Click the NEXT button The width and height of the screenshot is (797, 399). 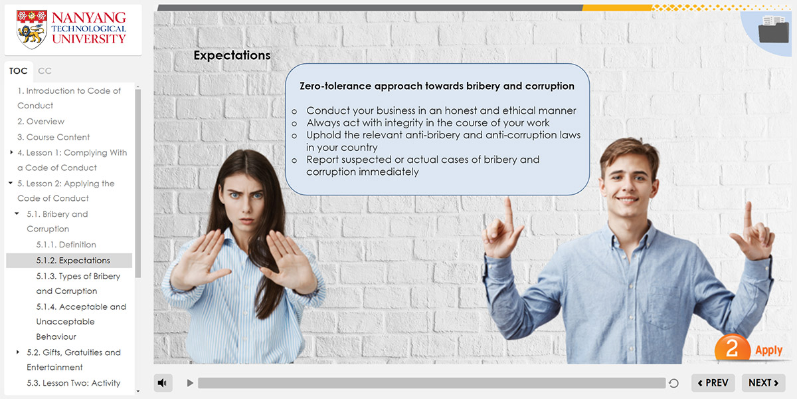(x=763, y=383)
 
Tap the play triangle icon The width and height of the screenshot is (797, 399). (x=190, y=383)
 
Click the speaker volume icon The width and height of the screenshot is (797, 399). (x=163, y=383)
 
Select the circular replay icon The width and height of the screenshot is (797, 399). (x=673, y=383)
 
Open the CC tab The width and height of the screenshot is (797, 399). (x=44, y=71)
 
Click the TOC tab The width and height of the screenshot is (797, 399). (x=18, y=71)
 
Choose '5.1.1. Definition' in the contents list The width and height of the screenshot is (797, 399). (x=66, y=245)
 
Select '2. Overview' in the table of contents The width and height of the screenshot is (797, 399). (x=41, y=122)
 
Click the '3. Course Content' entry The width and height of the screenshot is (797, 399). (x=53, y=137)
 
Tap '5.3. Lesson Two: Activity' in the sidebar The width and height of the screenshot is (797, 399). (x=74, y=383)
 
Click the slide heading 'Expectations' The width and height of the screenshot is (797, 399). (x=232, y=55)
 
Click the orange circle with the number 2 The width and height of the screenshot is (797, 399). (x=732, y=347)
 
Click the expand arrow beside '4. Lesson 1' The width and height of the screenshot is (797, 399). (x=11, y=152)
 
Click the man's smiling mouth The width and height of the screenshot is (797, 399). (x=627, y=199)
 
